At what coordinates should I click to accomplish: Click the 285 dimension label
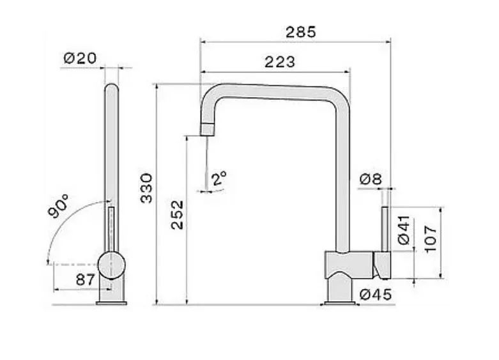300,31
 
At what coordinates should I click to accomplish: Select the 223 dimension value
280,62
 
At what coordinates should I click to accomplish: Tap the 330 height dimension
147,188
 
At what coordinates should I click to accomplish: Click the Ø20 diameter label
80,58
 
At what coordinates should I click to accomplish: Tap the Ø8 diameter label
371,180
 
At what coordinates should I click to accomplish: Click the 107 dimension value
431,238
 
